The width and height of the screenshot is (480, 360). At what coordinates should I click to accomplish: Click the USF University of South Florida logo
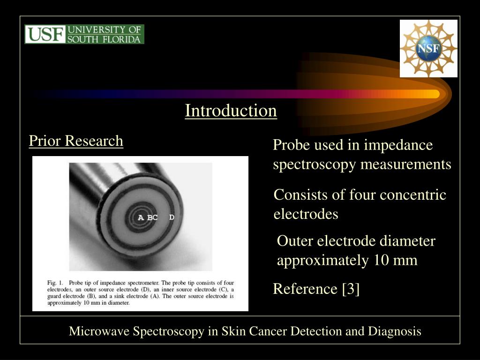84,34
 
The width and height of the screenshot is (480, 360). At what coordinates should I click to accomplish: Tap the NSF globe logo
428,49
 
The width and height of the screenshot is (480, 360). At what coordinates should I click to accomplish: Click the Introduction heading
231,111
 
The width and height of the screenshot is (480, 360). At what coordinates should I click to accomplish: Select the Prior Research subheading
76,141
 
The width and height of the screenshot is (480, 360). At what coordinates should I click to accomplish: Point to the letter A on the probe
141,217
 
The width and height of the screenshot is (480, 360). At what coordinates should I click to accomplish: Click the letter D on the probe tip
172,217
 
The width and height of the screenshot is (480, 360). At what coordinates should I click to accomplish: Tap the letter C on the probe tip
155,217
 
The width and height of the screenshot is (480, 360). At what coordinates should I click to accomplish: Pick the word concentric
412,195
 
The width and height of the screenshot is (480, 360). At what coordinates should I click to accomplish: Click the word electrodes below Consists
306,214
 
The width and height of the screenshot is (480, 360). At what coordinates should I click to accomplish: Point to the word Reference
305,289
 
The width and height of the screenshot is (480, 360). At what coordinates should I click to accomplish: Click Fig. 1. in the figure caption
55,283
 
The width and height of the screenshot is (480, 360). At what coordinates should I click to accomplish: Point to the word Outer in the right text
296,241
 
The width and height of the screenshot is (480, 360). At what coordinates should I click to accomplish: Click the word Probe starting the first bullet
292,145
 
